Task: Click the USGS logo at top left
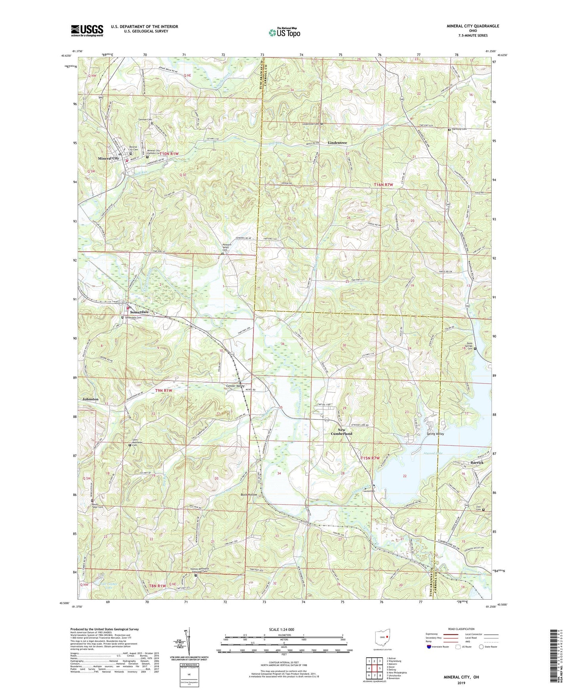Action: pos(87,30)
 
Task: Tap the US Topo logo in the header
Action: pos(284,32)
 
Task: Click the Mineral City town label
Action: pos(108,158)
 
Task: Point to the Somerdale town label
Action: pos(138,312)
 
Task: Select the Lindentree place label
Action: pos(337,142)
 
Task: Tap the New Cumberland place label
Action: pos(339,432)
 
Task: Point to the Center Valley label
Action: pos(235,386)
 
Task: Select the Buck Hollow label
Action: pos(249,495)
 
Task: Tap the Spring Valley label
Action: pos(435,434)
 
